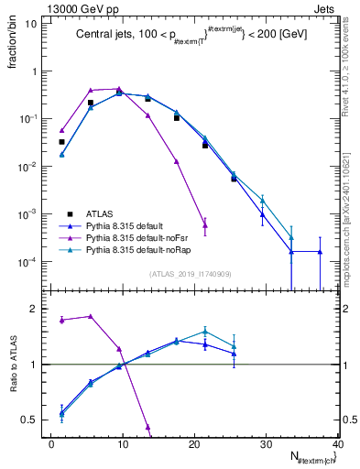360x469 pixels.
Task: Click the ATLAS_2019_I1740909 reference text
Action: pyautogui.click(x=191, y=273)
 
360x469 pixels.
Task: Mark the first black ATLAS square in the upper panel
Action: pyautogui.click(x=61, y=142)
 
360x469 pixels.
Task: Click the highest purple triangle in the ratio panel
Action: pyautogui.click(x=90, y=316)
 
